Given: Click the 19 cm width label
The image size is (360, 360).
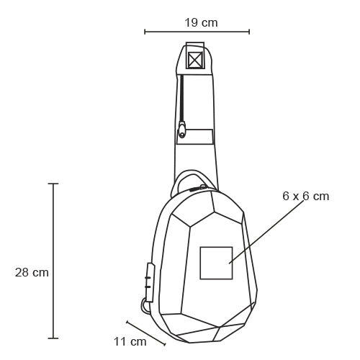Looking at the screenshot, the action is pyautogui.click(x=201, y=23).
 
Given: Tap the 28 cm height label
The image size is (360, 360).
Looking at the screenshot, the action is pyautogui.click(x=32, y=272).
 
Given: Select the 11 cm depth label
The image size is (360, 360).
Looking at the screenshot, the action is pyautogui.click(x=130, y=342).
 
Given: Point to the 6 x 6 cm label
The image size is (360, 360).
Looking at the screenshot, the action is pyautogui.click(x=305, y=196).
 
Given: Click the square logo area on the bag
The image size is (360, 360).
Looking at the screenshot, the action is pyautogui.click(x=216, y=263).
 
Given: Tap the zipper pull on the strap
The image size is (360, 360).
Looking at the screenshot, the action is pyautogui.click(x=182, y=130).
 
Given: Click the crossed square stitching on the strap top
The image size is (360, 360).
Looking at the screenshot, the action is pyautogui.click(x=195, y=59).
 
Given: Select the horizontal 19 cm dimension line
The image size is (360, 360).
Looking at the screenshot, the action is pyautogui.click(x=197, y=32).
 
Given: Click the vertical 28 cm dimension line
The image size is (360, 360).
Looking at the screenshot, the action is pyautogui.click(x=53, y=261).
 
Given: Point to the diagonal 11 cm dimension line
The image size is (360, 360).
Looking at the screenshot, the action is pyautogui.click(x=146, y=333).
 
